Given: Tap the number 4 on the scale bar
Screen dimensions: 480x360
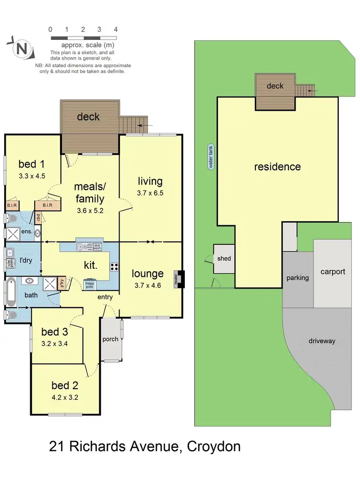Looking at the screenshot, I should pyautogui.click(x=115, y=29).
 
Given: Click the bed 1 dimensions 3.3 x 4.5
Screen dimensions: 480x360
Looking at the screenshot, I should pyautogui.click(x=32, y=176).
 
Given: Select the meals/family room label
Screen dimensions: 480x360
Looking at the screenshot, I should pyautogui.click(x=89, y=192).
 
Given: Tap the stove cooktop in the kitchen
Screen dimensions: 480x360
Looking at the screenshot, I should pyautogui.click(x=115, y=267).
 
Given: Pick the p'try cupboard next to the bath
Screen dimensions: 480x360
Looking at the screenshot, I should pyautogui.click(x=62, y=283).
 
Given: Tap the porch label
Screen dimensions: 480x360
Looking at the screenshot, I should pyautogui.click(x=110, y=339).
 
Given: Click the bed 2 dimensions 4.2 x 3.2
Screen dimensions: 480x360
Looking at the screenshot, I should pyautogui.click(x=65, y=397).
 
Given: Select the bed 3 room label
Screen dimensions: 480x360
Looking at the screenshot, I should pyautogui.click(x=54, y=332).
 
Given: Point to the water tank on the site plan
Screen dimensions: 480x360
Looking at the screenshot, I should pyautogui.click(x=210, y=157).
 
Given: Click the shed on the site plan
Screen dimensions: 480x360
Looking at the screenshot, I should pyautogui.click(x=224, y=259).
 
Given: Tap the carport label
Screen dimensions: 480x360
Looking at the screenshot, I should pyautogui.click(x=333, y=272).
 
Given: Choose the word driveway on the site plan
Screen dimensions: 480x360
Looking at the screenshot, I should pyautogui.click(x=321, y=341).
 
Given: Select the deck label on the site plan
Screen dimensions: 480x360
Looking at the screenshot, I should pyautogui.click(x=275, y=86).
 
